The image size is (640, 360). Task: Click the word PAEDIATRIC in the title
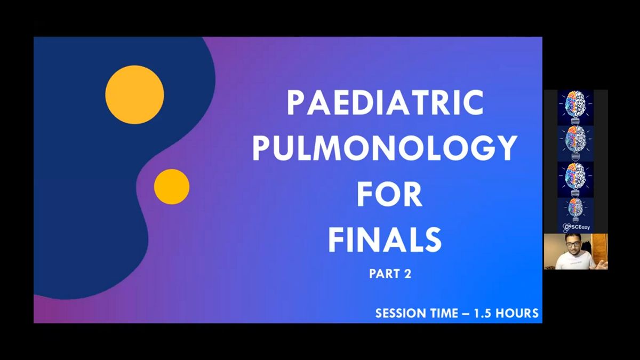pyautogui.click(x=385, y=102)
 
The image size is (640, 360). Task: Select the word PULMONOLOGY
pyautogui.click(x=385, y=148)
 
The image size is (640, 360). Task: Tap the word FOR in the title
pyautogui.click(x=390, y=194)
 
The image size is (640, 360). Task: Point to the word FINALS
pyautogui.click(x=385, y=239)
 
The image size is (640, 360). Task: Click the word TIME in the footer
pyautogui.click(x=441, y=313)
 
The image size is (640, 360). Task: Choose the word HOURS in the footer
pyautogui.click(x=517, y=313)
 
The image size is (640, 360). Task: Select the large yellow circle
pyautogui.click(x=134, y=94)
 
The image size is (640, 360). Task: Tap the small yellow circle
pyautogui.click(x=172, y=187)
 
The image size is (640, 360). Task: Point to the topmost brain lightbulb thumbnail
pyautogui.click(x=575, y=107)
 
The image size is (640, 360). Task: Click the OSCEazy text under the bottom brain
pyautogui.click(x=578, y=227)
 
